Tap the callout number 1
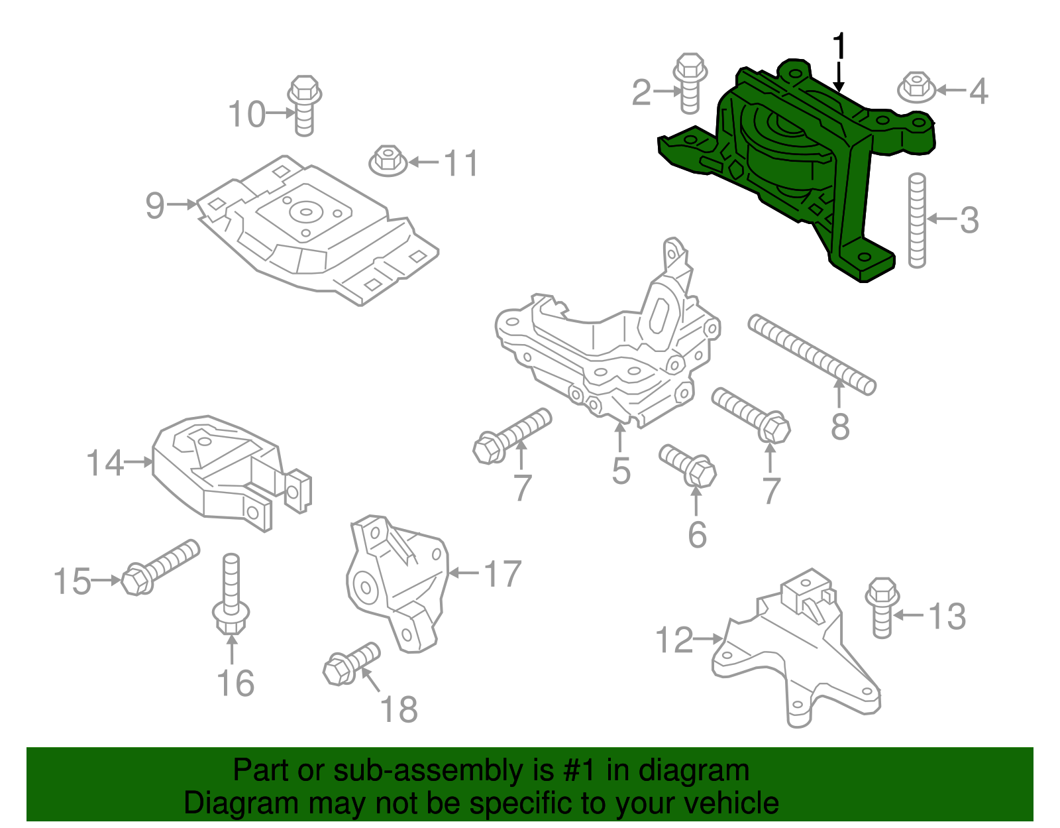(839, 46)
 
